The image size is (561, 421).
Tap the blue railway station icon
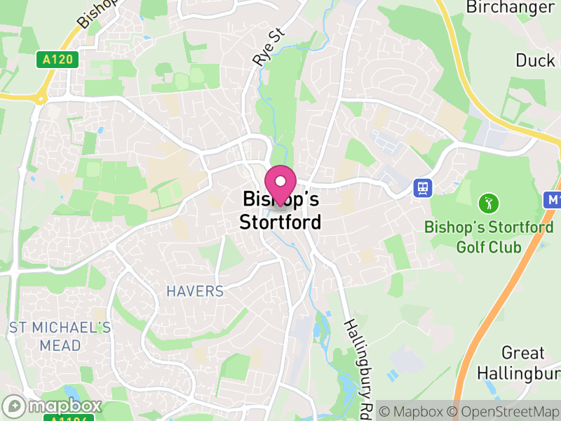[x=423, y=188]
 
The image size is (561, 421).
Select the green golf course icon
[x=489, y=204]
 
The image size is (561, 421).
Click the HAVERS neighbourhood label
[x=194, y=290]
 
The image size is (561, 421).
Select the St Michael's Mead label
[x=60, y=336]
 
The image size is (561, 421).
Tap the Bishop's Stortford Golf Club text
[x=489, y=237]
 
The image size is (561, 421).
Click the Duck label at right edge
[x=536, y=60]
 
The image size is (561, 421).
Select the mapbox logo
[x=53, y=406]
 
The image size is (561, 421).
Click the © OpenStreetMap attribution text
[x=504, y=410]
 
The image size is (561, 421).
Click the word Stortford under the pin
[x=280, y=222]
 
